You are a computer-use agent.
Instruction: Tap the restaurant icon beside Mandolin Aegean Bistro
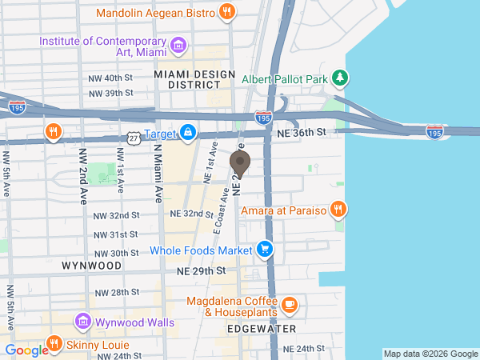[x=228, y=13]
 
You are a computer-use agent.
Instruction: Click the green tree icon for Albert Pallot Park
[x=342, y=78]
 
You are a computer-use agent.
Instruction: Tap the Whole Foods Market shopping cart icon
[x=265, y=250]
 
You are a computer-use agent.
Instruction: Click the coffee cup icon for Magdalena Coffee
[x=289, y=305]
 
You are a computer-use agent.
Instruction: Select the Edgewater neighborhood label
[x=262, y=329]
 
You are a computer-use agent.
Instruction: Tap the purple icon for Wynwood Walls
[x=82, y=322]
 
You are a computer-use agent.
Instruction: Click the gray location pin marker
[x=240, y=163]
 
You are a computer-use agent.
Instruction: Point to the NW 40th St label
[x=110, y=78]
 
